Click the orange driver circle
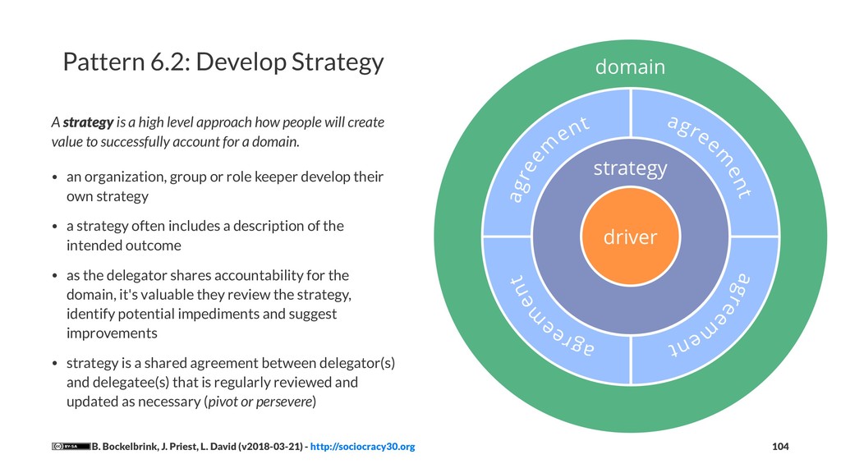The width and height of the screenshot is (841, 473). point(630,237)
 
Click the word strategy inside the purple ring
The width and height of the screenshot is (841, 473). point(630,168)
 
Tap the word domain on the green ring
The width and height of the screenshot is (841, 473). point(630,67)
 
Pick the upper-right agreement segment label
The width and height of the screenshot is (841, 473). point(711,157)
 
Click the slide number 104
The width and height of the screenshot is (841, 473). point(780,447)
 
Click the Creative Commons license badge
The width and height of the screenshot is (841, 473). point(71,447)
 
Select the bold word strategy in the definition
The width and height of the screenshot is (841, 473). point(88,123)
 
